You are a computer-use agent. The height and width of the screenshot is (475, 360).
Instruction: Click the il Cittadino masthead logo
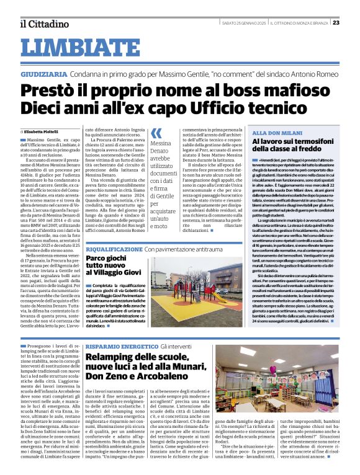click(44, 24)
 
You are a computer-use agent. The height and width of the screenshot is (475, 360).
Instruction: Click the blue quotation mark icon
click(156, 132)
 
